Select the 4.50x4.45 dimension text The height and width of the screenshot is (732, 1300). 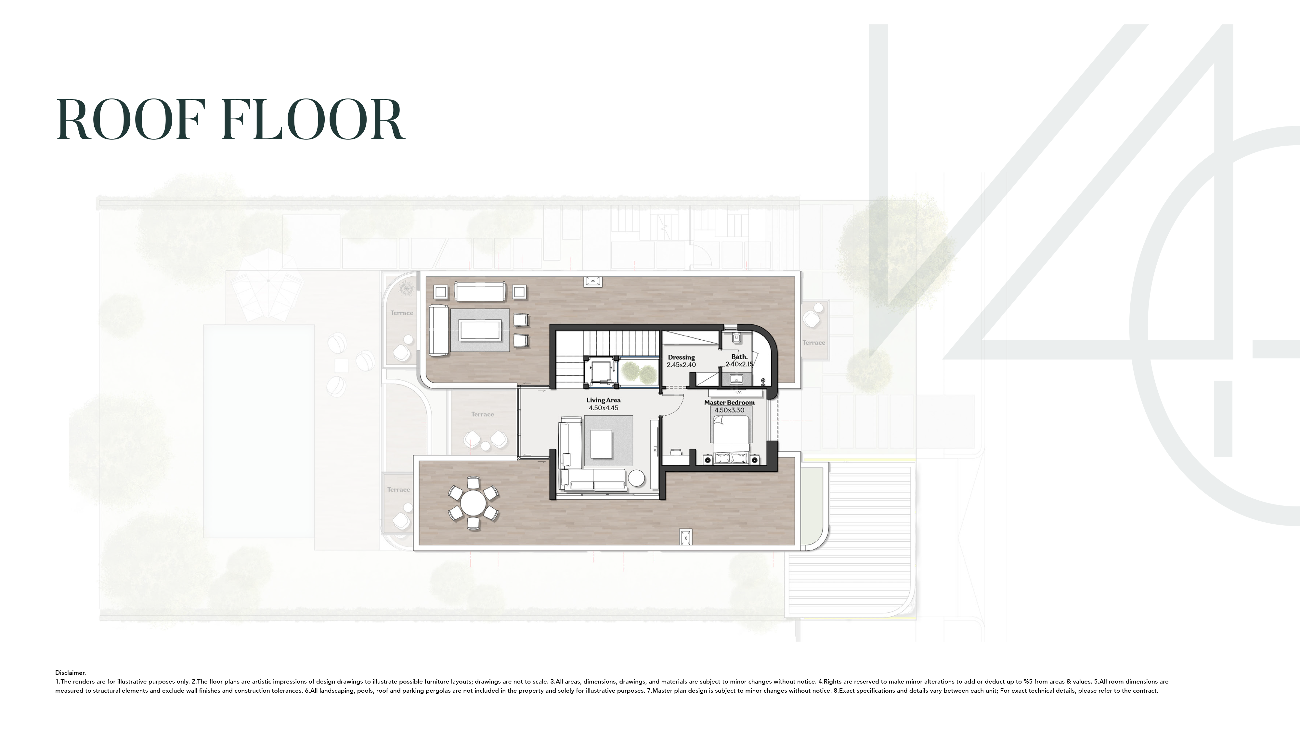604,408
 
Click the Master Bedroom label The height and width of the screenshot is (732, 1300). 729,403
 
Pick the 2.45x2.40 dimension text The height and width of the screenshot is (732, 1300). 681,364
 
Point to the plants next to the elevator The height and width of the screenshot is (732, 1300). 638,373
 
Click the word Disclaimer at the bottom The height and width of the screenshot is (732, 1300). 70,673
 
